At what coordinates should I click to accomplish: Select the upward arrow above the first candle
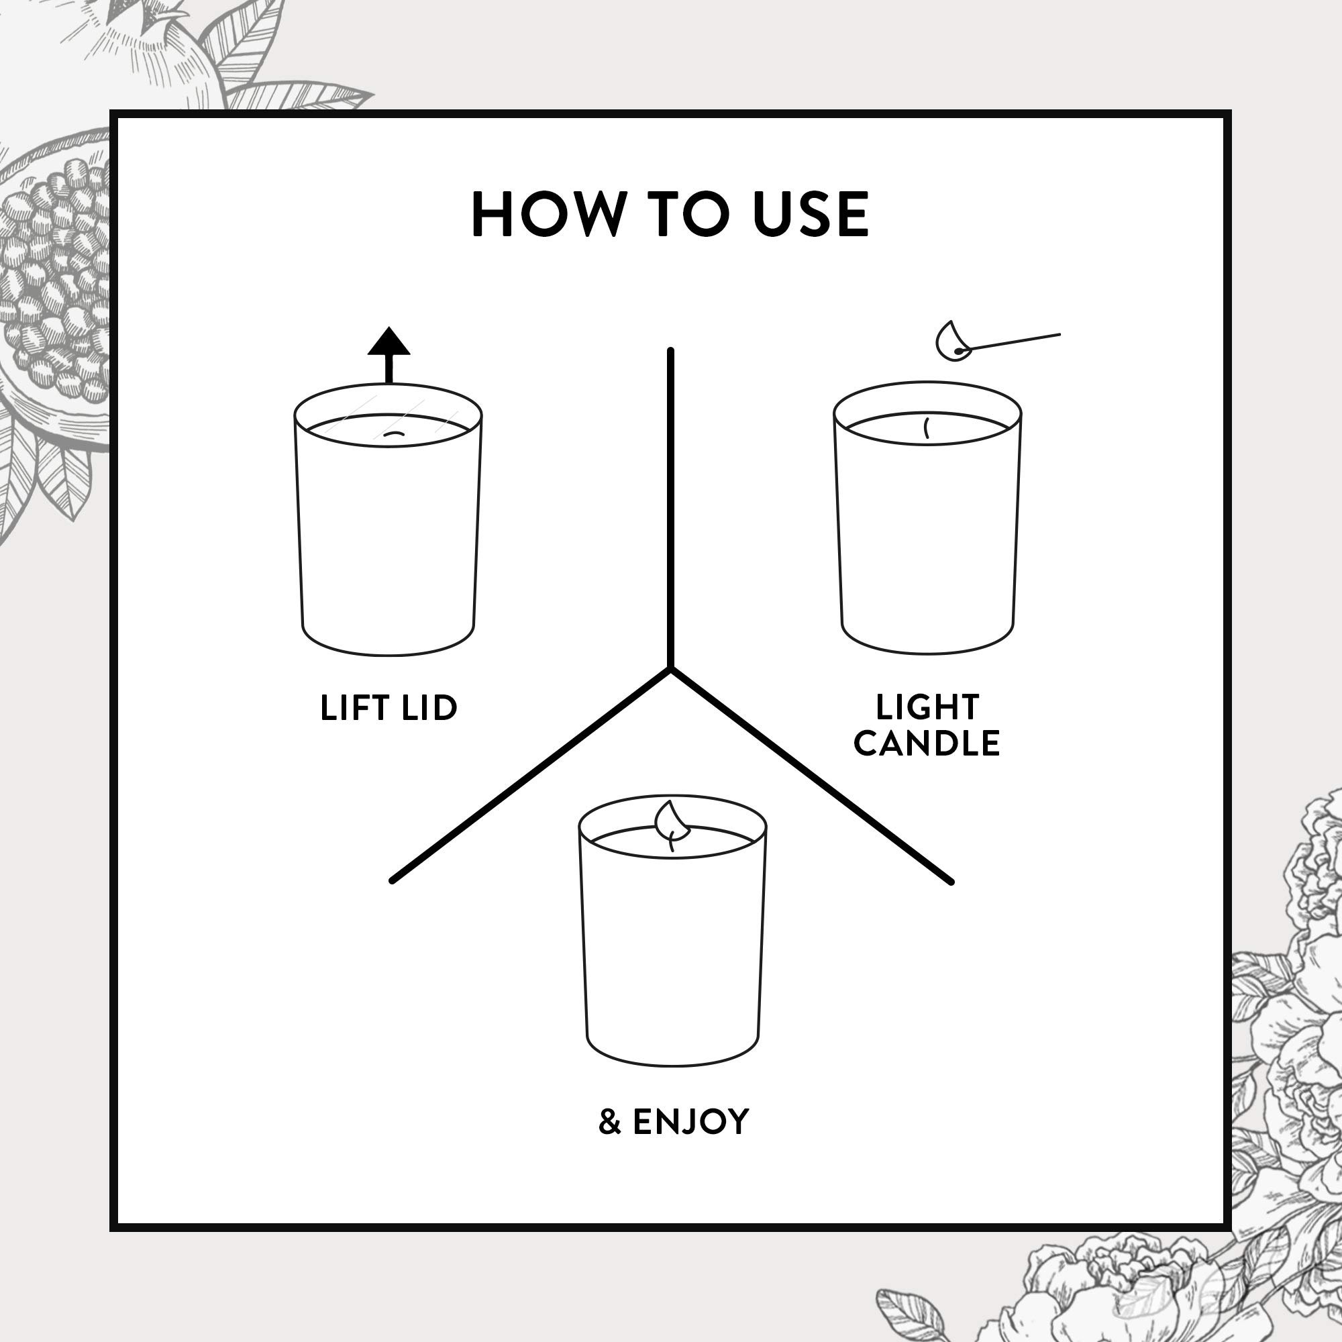coord(389,354)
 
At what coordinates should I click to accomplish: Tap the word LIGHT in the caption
coord(927,707)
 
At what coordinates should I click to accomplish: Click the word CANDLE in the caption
coord(927,743)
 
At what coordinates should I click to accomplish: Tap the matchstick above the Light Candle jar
coord(1009,343)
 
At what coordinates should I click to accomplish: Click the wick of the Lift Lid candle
coord(395,434)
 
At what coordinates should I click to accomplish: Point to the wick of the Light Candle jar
coord(927,428)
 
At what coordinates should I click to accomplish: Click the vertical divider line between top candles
coord(670,508)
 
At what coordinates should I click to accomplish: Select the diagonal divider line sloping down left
coord(531,776)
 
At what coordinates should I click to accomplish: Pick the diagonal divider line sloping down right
coord(811,776)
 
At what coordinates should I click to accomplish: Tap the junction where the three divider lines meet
coord(670,669)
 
